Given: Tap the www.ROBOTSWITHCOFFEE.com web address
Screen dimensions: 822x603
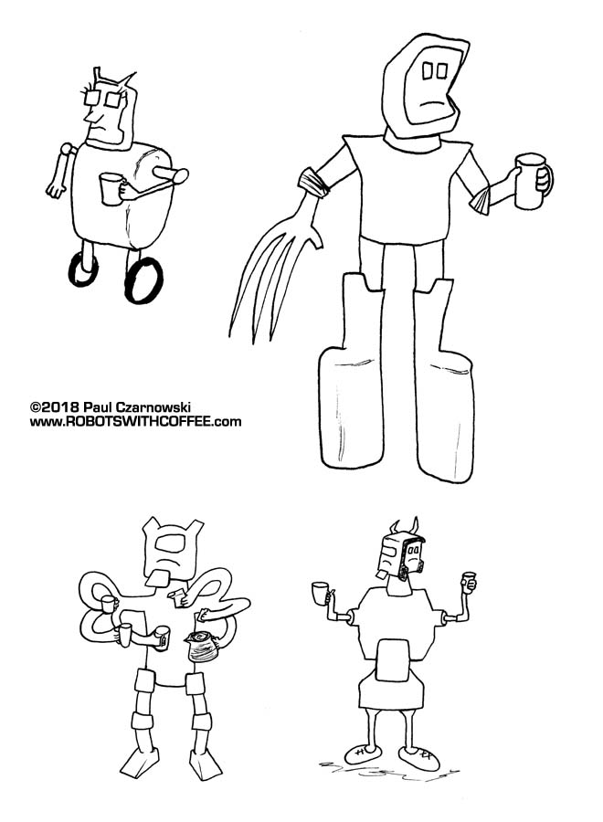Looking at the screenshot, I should [x=135, y=422].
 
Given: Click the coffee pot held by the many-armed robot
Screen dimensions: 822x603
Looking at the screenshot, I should [x=200, y=648].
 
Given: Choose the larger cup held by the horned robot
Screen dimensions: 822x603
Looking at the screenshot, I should [x=321, y=593].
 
